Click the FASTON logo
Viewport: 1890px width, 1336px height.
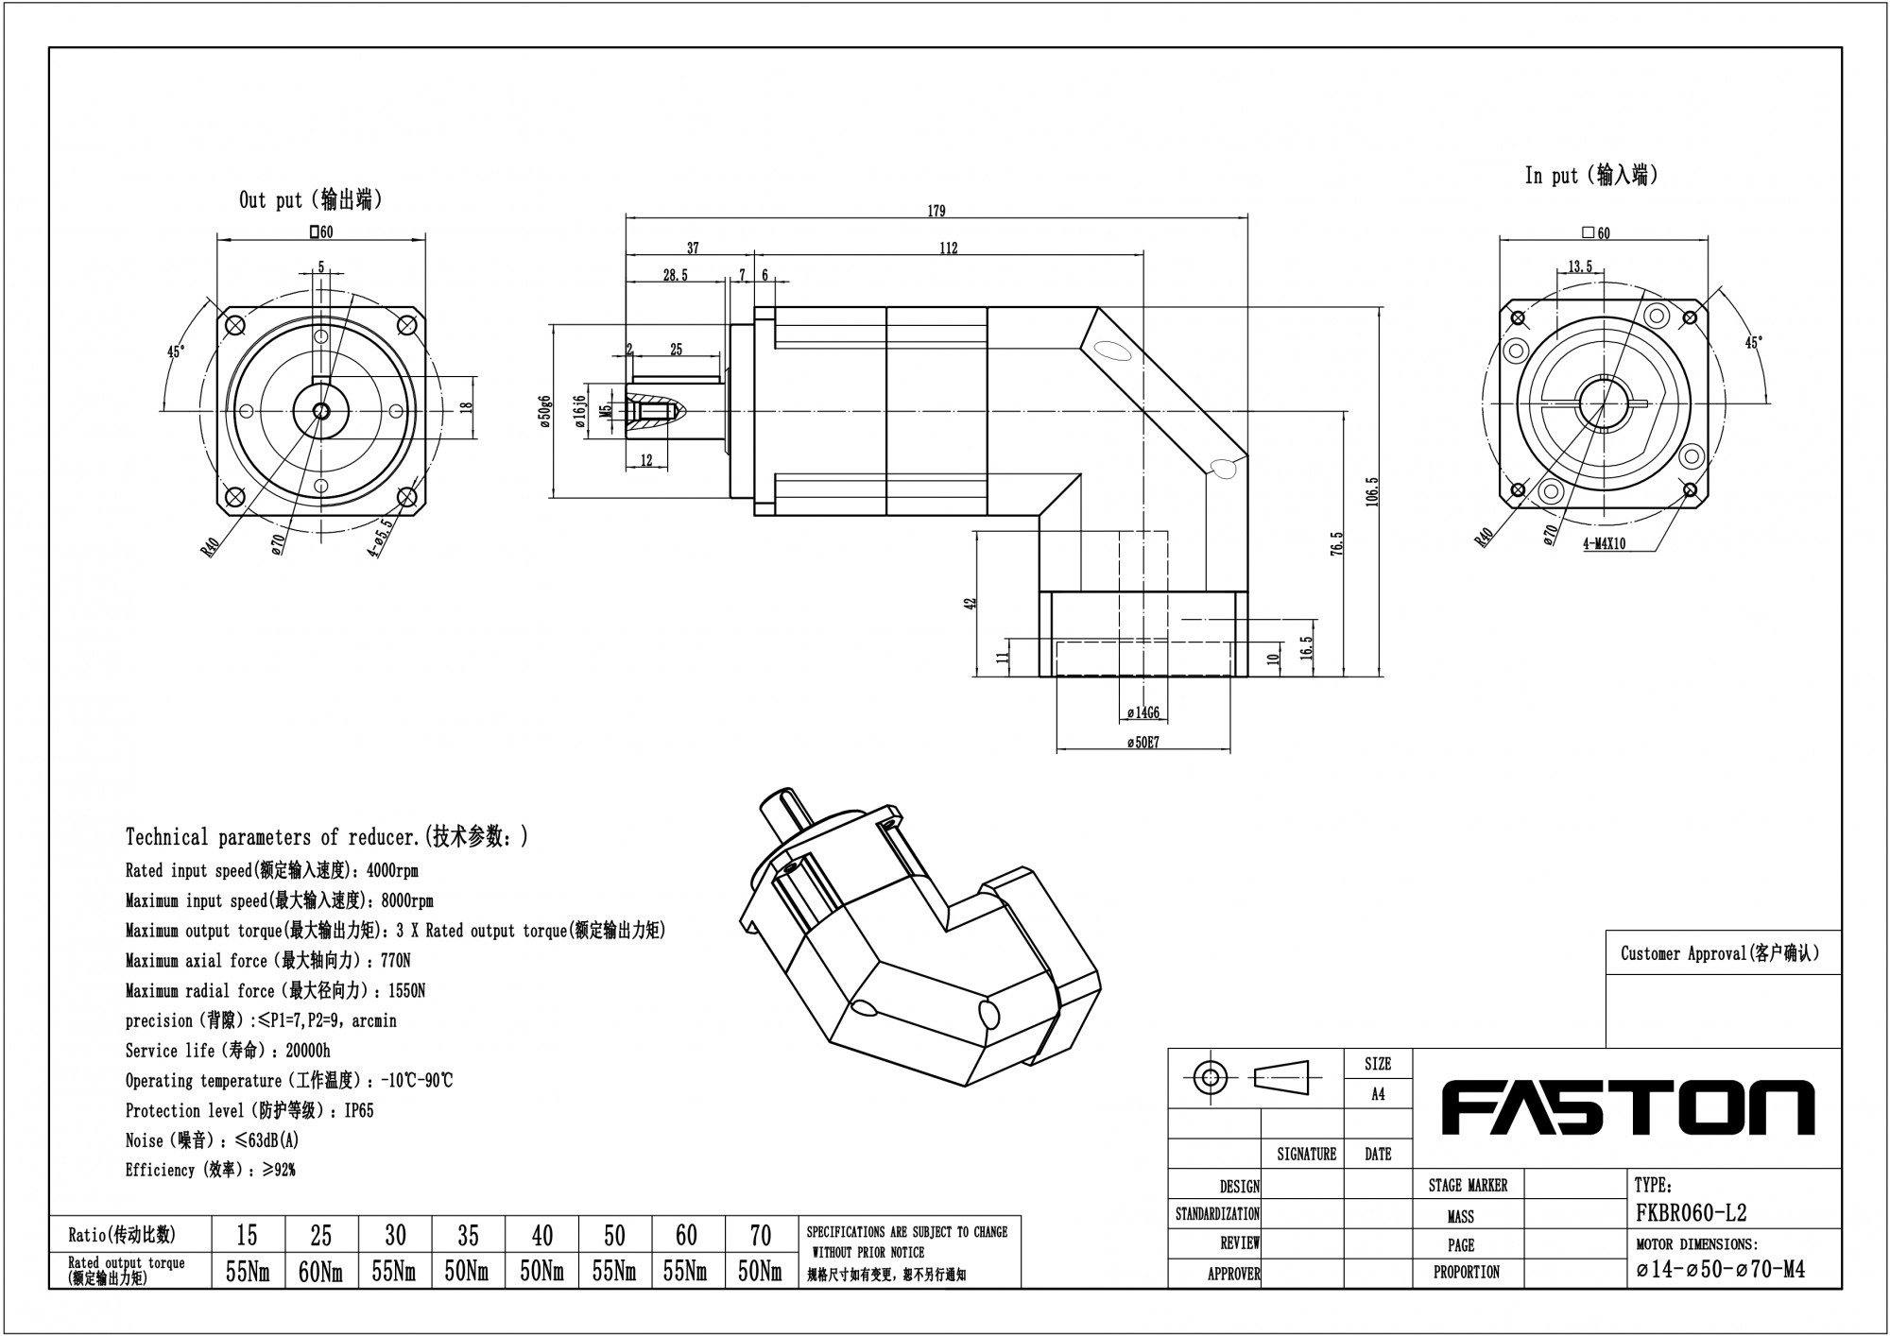coord(1625,1108)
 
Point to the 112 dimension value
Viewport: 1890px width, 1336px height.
coord(949,248)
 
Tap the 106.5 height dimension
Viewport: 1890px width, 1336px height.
coord(1372,491)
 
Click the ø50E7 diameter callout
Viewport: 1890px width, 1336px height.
coord(1143,743)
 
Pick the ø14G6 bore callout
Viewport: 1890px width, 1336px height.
coord(1143,713)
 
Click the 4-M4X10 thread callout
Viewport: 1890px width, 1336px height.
coord(1605,544)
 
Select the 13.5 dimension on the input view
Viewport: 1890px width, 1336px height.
coord(1580,266)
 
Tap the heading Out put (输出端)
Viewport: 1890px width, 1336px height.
coord(311,200)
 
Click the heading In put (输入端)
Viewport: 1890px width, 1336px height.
coord(1591,175)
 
